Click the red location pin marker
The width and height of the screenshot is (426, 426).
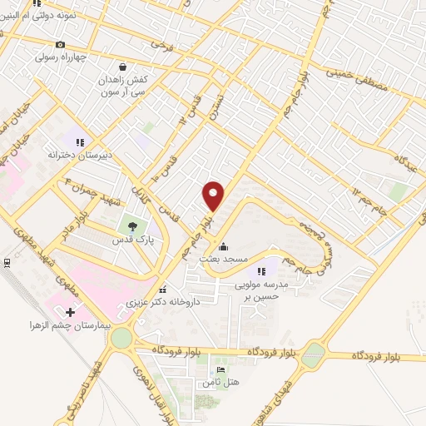point(215,195)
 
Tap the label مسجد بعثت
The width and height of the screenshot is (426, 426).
point(223,260)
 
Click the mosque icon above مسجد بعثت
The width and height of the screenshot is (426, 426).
point(223,247)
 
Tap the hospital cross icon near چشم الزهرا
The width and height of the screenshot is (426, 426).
point(69,312)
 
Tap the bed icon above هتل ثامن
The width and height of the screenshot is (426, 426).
point(220,369)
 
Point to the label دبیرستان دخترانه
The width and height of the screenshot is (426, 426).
point(79,155)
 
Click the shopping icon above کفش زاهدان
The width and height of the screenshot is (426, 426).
point(123,66)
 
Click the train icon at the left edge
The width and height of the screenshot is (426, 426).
point(7,263)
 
